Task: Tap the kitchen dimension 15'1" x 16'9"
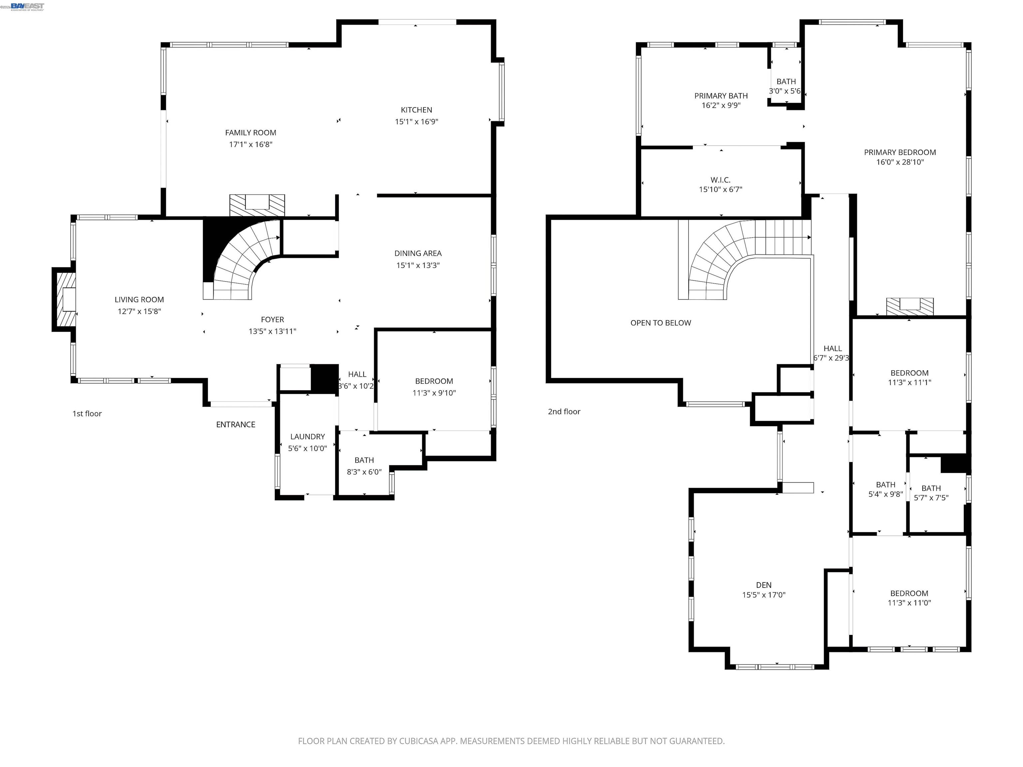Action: point(416,122)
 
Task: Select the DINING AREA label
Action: point(418,253)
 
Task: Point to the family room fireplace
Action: point(257,204)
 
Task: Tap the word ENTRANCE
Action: point(235,424)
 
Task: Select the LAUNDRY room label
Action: point(307,436)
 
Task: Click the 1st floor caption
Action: point(87,414)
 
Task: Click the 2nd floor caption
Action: point(564,411)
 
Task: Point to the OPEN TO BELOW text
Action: point(660,323)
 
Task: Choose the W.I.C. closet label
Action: point(720,180)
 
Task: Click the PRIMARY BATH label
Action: point(721,96)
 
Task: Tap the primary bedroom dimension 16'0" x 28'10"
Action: point(899,162)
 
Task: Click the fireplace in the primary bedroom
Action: point(909,306)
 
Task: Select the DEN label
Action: point(764,585)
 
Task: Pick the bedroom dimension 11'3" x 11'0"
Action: point(909,603)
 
